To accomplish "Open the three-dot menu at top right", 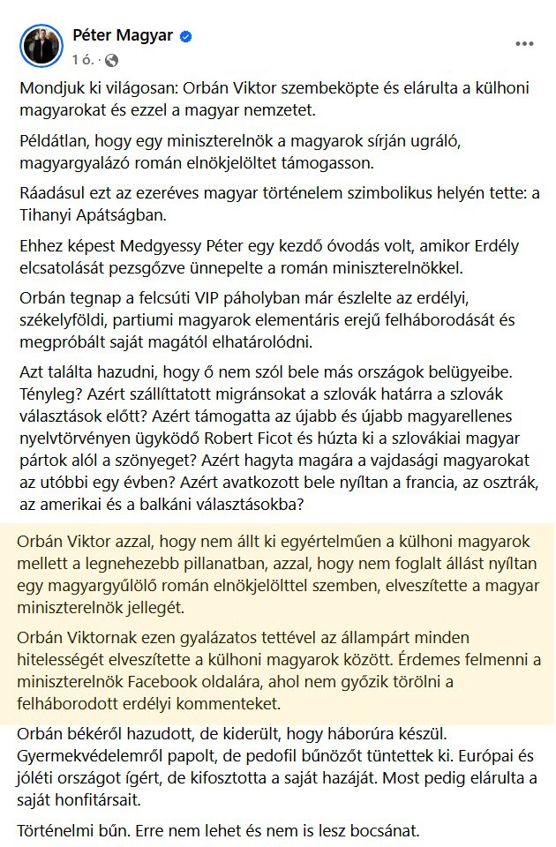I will click(x=524, y=43).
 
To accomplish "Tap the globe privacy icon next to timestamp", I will click(x=111, y=60).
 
